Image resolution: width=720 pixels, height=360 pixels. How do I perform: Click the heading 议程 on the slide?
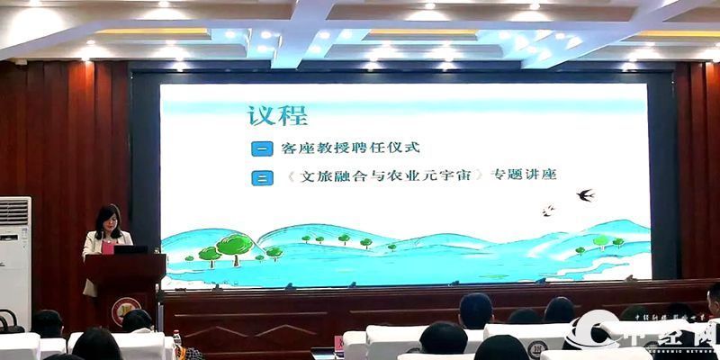(277, 115)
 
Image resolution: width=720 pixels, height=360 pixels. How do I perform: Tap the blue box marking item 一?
(260, 147)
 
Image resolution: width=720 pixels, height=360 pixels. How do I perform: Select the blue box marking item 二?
(260, 176)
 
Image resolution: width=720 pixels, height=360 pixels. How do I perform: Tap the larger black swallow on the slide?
(586, 193)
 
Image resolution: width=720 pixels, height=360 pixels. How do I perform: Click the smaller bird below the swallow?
(547, 211)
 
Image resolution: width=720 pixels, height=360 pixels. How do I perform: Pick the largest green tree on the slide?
(235, 244)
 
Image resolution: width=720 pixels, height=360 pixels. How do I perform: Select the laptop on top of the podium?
(131, 248)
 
